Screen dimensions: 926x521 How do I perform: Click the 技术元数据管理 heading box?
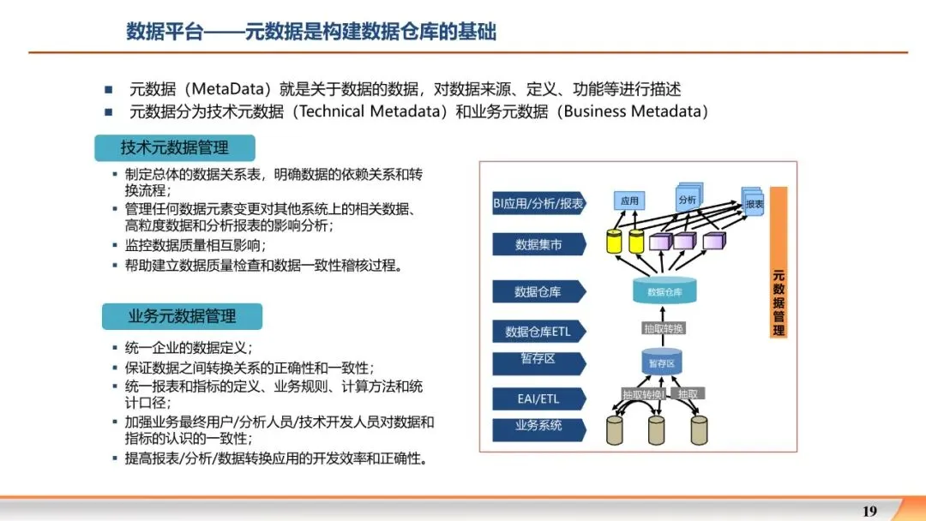(175, 148)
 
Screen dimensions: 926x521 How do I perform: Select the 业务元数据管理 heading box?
(182, 316)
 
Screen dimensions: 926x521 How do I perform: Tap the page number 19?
(869, 512)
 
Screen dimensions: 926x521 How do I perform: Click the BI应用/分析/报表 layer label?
(538, 204)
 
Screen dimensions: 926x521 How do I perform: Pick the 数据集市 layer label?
(538, 245)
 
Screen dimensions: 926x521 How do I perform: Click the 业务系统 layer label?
(538, 425)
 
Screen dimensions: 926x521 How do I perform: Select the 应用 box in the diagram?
(629, 201)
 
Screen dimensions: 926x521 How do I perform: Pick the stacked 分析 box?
(688, 199)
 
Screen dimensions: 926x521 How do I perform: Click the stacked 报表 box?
(753, 203)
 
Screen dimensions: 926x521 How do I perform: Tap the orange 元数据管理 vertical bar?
(779, 262)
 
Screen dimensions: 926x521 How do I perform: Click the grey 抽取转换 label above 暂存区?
(664, 328)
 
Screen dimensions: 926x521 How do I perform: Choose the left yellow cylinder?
(614, 241)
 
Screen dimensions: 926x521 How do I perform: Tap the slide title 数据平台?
(165, 32)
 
